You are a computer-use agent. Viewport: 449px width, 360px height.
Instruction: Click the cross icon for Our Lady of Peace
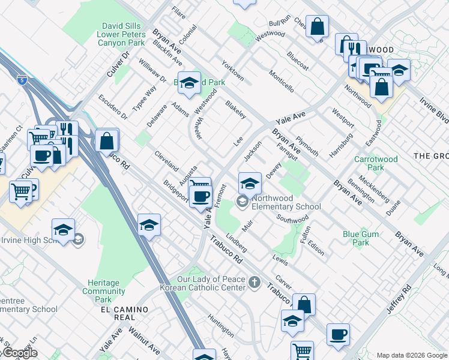pos(255,282)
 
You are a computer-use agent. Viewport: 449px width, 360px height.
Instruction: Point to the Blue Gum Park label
pos(356,238)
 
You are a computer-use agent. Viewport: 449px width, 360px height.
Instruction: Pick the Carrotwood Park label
pos(376,164)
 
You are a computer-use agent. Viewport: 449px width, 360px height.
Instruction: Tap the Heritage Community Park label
pos(103,291)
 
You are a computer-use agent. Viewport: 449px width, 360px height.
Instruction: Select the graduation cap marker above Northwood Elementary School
pos(250,183)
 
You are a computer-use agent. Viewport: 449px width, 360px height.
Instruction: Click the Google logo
pos(20,353)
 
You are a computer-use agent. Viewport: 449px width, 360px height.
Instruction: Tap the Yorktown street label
pos(232,70)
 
